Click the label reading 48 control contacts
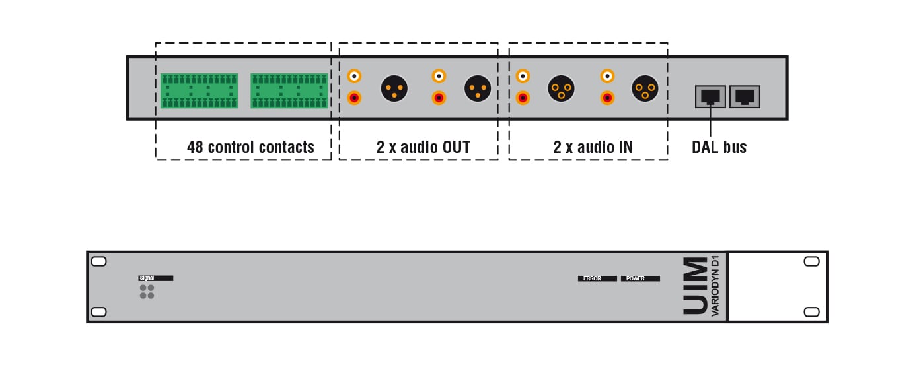(x=250, y=146)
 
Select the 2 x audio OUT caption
(x=423, y=146)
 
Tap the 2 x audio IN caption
(x=593, y=146)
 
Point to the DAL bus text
(x=719, y=146)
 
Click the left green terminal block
(x=199, y=90)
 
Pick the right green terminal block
(x=289, y=90)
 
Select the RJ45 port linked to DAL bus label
(x=710, y=96)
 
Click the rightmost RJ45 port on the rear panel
(x=745, y=96)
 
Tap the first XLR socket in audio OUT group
(x=394, y=88)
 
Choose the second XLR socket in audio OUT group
(x=478, y=88)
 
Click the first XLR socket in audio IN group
(x=562, y=88)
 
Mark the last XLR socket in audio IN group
(x=645, y=88)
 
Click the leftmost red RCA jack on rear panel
(x=355, y=98)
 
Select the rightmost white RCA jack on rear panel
(x=606, y=76)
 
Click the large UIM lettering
(x=693, y=286)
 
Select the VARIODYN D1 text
(x=715, y=286)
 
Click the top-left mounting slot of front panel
(x=98, y=261)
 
